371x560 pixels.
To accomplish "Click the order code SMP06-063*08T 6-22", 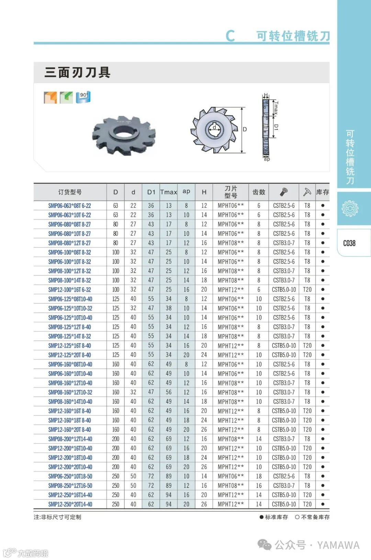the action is [69, 206].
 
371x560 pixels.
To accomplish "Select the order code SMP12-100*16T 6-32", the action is [69, 290].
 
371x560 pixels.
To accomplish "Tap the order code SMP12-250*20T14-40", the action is [70, 504].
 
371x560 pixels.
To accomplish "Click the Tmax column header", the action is [169, 192].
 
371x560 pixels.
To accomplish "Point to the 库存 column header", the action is [323, 192].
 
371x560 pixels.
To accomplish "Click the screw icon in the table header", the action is [284, 192].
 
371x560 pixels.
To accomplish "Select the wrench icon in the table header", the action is [307, 192].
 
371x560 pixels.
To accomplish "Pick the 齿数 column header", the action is [259, 192].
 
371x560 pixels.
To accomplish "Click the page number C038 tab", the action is [349, 243].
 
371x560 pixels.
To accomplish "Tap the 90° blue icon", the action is [83, 97].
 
